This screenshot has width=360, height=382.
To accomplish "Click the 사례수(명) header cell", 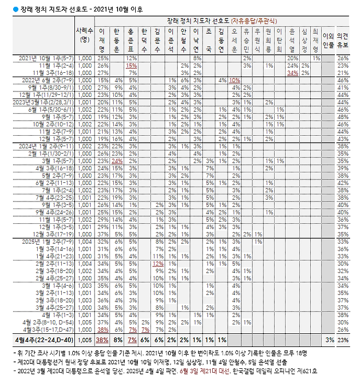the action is tap(85, 35).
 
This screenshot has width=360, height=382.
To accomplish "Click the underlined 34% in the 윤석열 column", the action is tap(292, 72).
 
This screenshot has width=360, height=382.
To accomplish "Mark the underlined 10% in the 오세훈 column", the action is tap(234, 80).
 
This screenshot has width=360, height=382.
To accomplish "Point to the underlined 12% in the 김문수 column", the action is tap(158, 263).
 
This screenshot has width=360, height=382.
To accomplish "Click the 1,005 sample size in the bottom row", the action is tap(85, 340).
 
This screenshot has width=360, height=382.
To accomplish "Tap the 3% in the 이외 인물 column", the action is tap(329, 340).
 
